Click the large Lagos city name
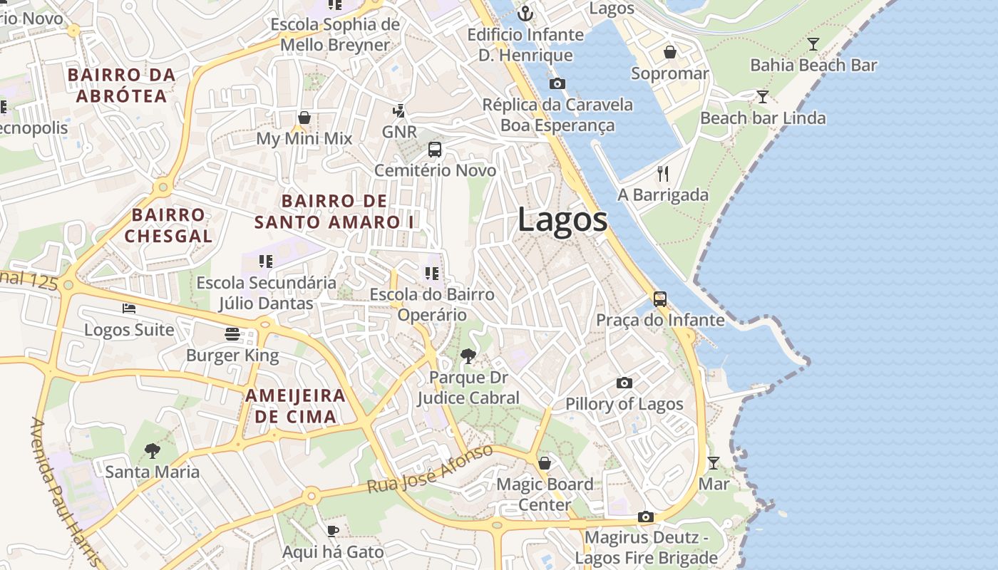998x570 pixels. coord(562,219)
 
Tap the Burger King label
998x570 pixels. coord(232,355)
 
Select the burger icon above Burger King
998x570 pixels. coord(232,333)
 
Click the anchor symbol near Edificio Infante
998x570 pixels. coord(525,13)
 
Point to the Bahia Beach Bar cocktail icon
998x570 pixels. coord(813,44)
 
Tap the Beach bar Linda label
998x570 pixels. coord(763,118)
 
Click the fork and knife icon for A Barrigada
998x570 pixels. coord(663,173)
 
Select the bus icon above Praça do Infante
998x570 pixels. coord(660,299)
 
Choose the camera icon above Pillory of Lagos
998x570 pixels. coord(624,383)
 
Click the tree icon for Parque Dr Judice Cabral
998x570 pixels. coord(468,356)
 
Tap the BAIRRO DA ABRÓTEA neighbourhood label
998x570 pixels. coord(121,85)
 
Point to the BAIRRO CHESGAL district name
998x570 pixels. coord(168,225)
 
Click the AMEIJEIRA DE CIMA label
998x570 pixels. coord(295,406)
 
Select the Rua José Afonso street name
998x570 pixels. coord(430,470)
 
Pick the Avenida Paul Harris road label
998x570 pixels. coord(64,492)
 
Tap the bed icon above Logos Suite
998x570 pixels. coord(128,309)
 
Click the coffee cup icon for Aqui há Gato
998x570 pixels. coord(332,530)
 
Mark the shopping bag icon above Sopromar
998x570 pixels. coord(669,52)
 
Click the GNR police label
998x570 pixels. coord(399,132)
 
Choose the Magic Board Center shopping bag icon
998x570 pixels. coord(545,463)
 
